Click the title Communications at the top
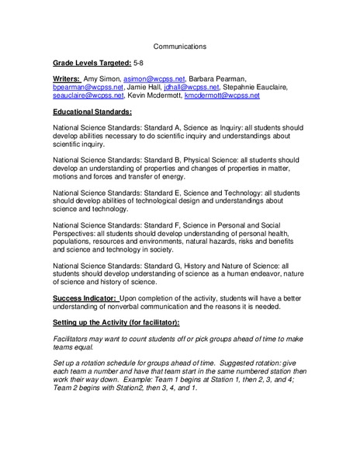pos(179,47)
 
